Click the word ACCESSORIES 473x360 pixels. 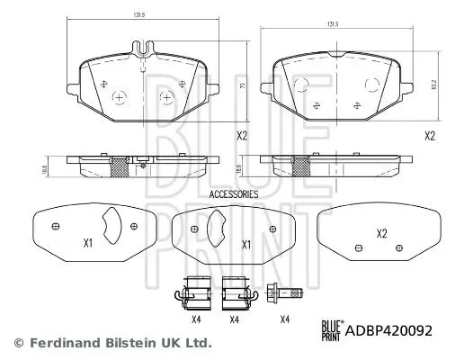pyautogui.click(x=233, y=193)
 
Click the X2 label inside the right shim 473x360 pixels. pyautogui.click(x=382, y=233)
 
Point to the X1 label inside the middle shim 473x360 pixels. pyautogui.click(x=244, y=244)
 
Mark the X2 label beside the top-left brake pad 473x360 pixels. pyautogui.click(x=242, y=135)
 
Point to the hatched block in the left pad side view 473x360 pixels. pyautogui.click(x=119, y=166)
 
